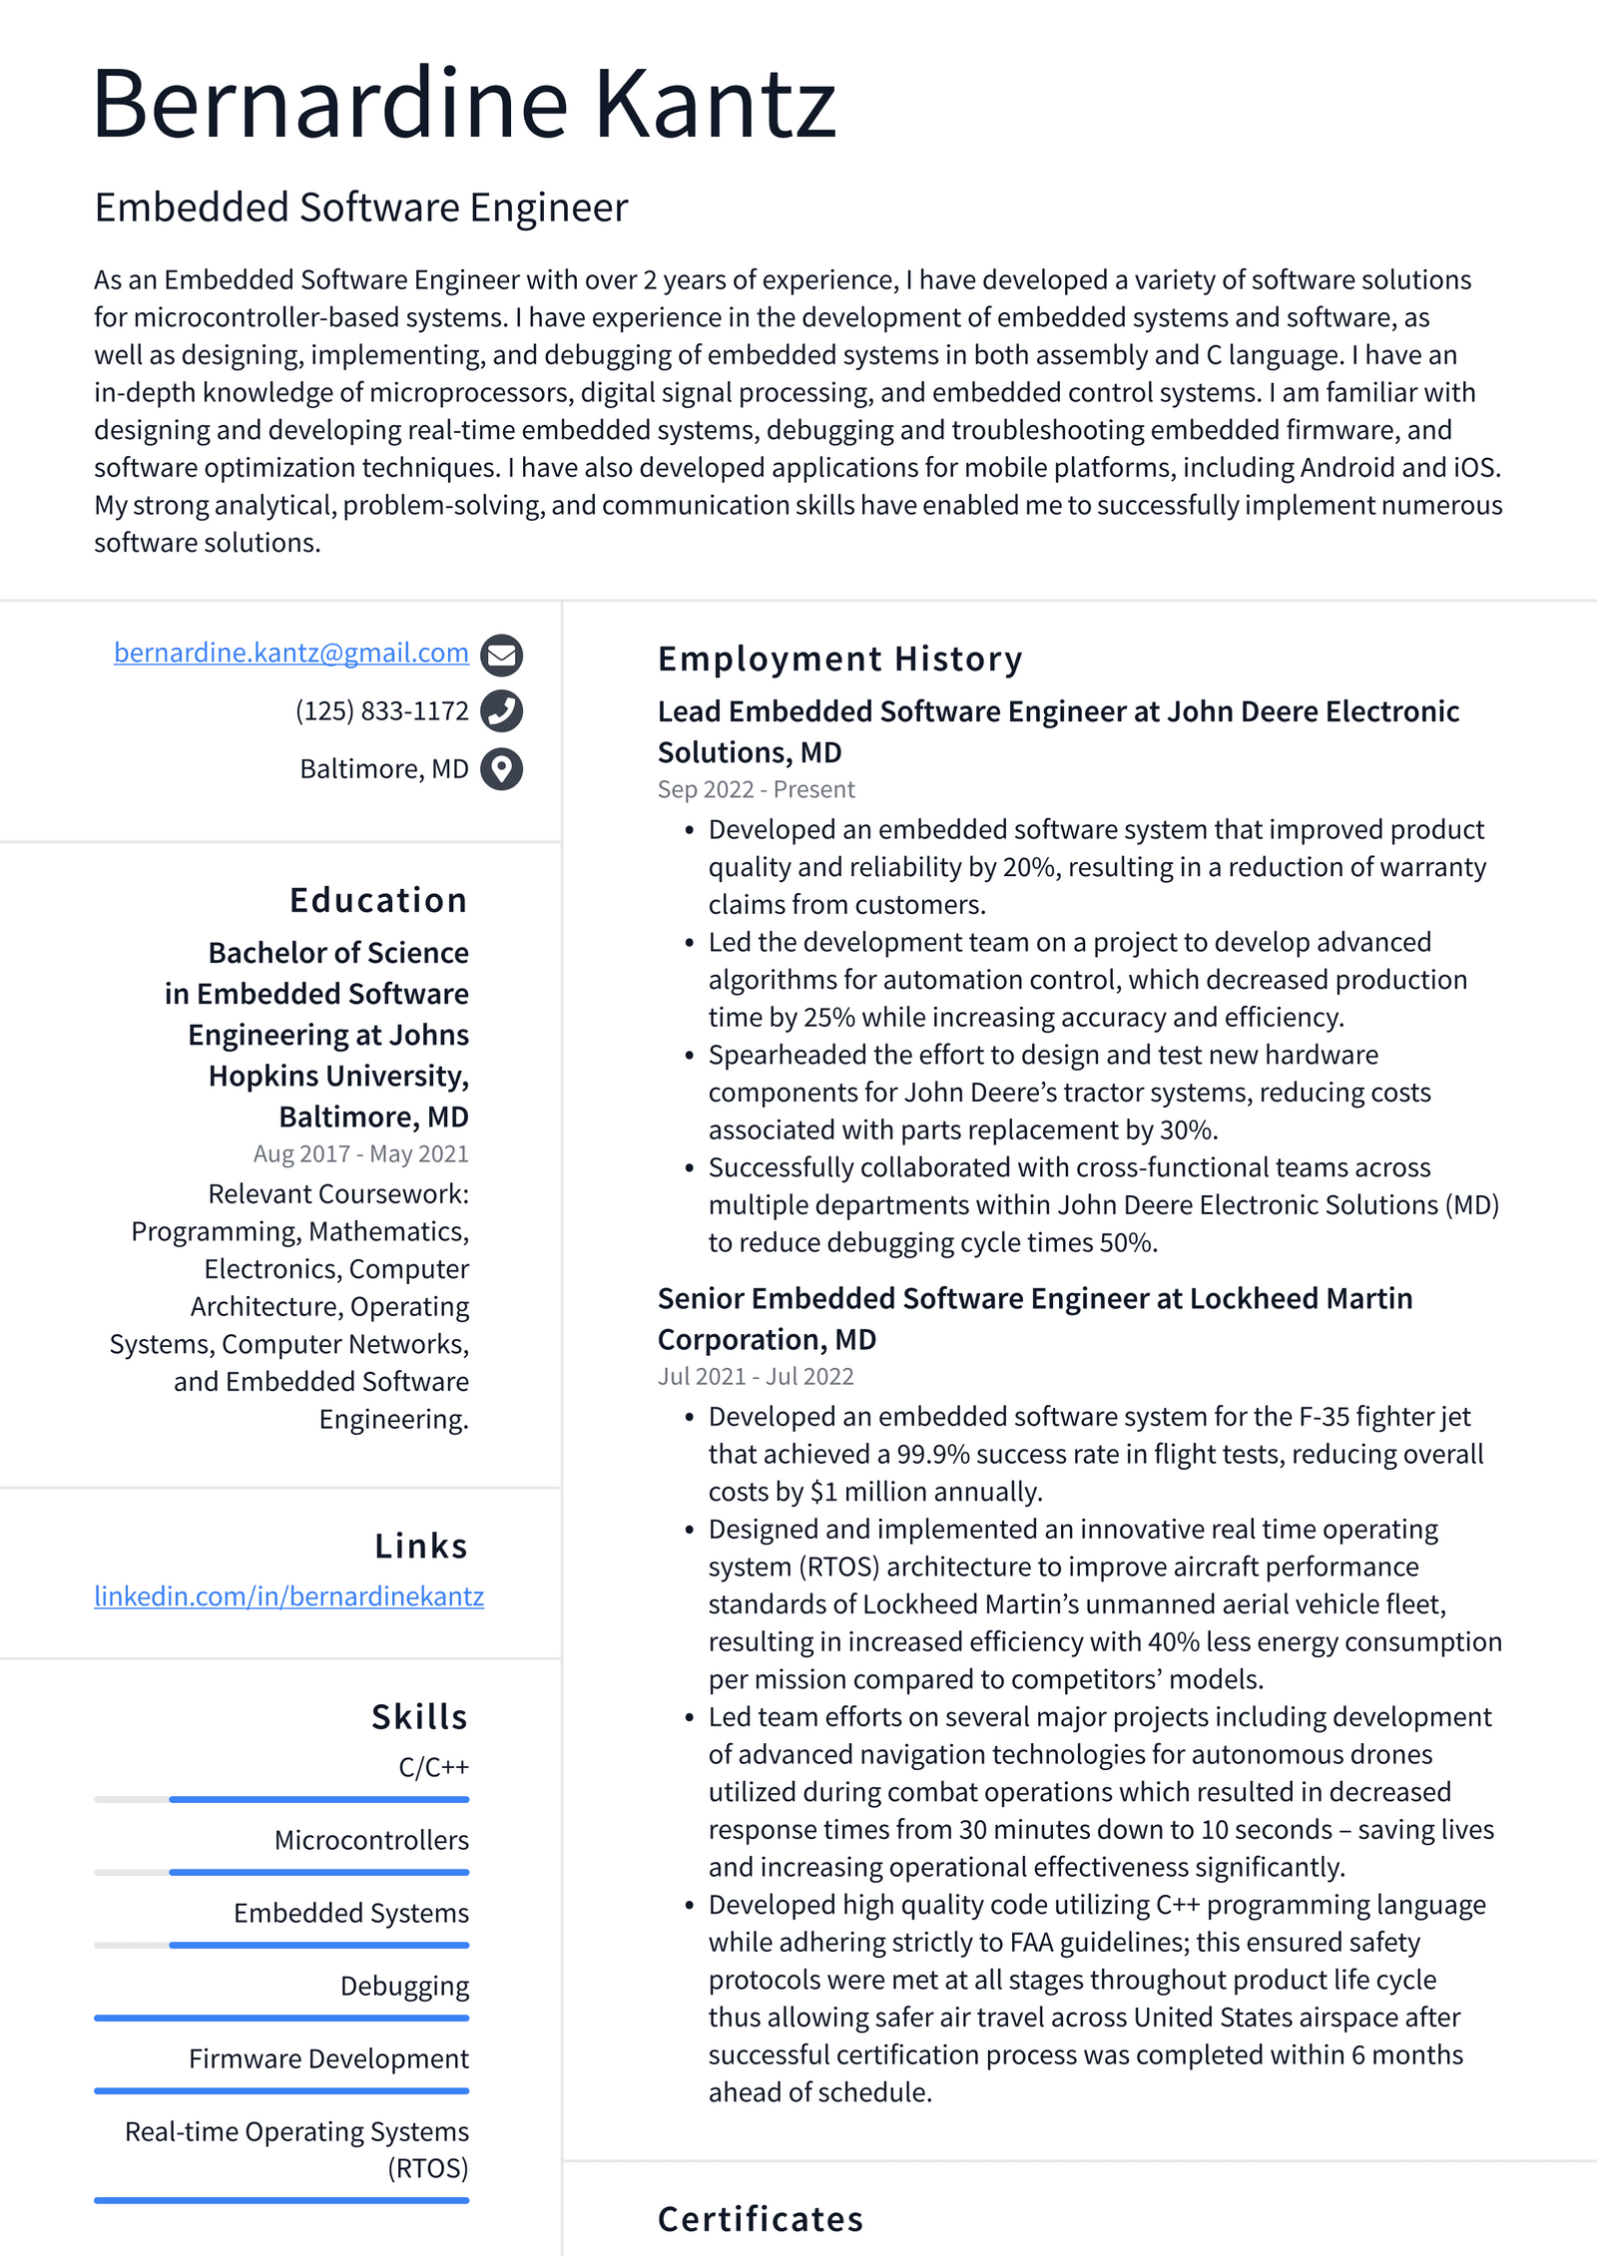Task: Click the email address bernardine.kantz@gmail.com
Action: coord(290,653)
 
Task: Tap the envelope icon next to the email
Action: coord(501,655)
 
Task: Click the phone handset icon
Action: coord(501,711)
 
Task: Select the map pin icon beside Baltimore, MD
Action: coord(501,769)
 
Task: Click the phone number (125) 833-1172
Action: coord(381,711)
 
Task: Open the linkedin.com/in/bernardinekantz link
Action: coord(288,1596)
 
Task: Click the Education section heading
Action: coord(377,900)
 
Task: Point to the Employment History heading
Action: coord(839,660)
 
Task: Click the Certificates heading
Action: coord(760,2219)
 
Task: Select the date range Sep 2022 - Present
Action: coord(756,789)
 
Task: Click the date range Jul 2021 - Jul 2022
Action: coord(756,1376)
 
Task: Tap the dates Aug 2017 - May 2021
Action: coord(360,1153)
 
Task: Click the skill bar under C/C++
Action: coord(281,1799)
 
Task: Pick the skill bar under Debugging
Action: coord(281,2018)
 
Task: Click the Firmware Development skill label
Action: coord(328,2058)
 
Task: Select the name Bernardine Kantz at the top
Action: coord(464,104)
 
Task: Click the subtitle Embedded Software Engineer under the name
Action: coord(361,208)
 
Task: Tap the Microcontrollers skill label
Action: coord(371,1840)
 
